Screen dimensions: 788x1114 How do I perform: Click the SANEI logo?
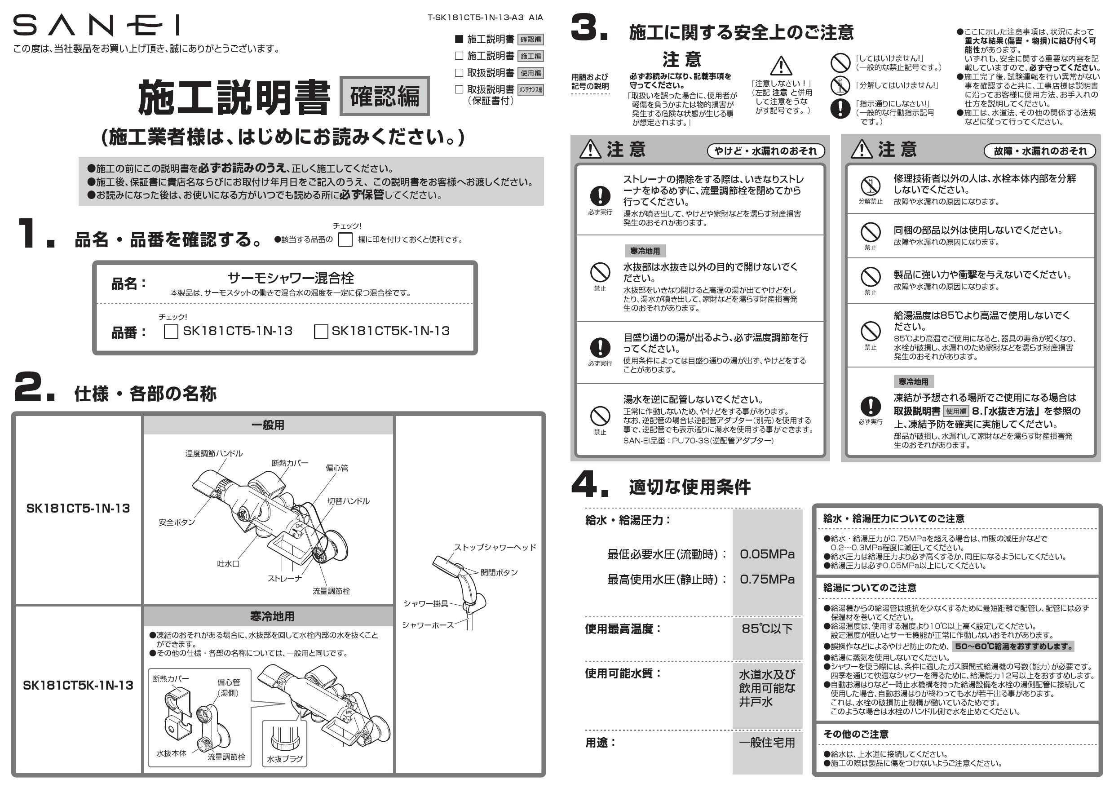pos(96,25)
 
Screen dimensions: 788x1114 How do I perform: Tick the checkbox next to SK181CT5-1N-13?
pos(171,332)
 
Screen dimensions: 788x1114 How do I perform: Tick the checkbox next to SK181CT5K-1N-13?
pos(321,332)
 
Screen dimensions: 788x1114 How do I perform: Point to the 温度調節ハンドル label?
pos(213,454)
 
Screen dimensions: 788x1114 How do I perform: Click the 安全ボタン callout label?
pos(177,522)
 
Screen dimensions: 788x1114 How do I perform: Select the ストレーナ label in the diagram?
pos(284,578)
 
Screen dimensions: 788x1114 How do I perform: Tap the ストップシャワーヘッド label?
pos(495,547)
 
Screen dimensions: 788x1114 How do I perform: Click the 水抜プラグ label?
pos(285,759)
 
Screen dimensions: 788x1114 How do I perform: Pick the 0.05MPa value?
pos(767,554)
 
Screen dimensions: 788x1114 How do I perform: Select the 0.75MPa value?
pos(767,580)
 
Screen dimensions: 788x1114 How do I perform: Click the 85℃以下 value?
pos(767,629)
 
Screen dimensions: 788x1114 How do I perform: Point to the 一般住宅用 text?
pos(767,742)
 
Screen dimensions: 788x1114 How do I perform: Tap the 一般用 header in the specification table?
pos(267,425)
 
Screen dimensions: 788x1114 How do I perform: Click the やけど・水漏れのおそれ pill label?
pos(765,151)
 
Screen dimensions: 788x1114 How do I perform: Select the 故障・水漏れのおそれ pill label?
pos(1039,151)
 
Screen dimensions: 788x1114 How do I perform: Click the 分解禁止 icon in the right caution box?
pos(871,186)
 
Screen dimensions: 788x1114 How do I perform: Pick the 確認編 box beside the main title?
pos(384,96)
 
